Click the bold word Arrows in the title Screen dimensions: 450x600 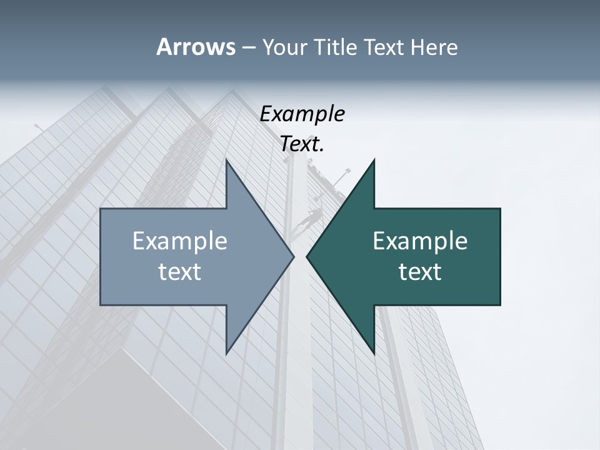coord(195,47)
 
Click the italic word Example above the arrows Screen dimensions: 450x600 coord(302,114)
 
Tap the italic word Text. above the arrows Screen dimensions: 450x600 coord(302,144)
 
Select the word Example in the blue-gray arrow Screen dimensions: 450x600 coord(180,241)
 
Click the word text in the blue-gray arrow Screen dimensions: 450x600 coord(180,272)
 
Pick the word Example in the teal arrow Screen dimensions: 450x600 coord(420,241)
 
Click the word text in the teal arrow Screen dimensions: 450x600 coord(420,272)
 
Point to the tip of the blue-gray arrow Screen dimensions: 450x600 coord(292,256)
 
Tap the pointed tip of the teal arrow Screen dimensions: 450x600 coord(307,256)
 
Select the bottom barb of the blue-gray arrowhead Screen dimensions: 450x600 coord(227,351)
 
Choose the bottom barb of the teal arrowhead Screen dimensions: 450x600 coord(373,351)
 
